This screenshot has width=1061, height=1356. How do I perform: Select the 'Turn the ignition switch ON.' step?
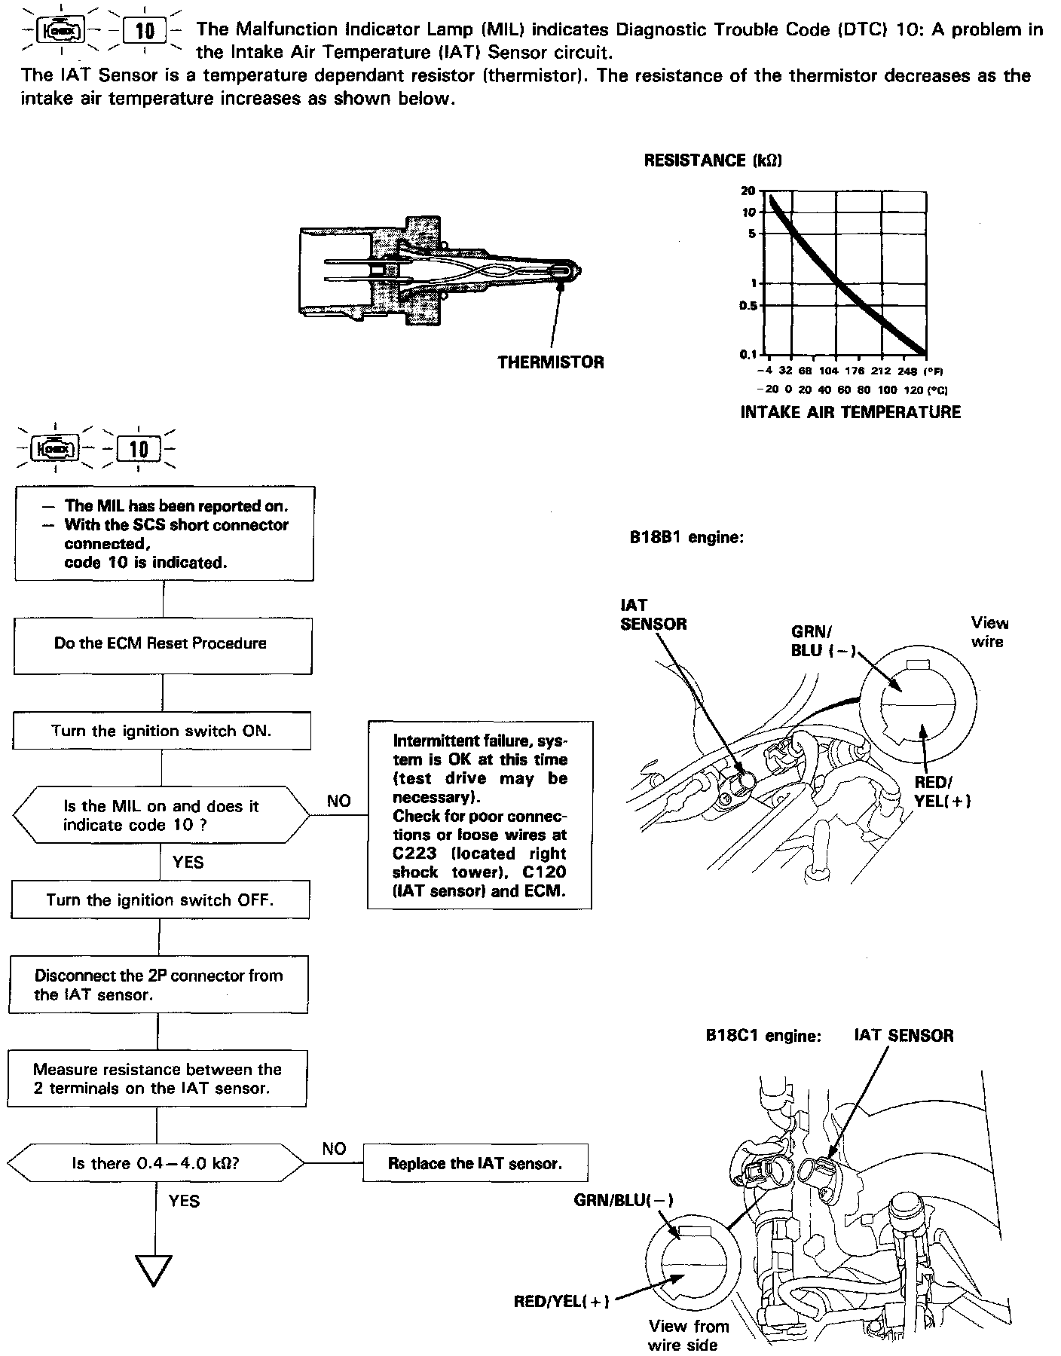coord(161,731)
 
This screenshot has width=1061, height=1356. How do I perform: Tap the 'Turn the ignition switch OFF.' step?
coord(160,901)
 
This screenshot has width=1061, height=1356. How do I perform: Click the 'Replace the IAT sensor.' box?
coord(475,1164)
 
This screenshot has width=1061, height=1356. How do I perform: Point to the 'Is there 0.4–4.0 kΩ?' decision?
coord(156,1164)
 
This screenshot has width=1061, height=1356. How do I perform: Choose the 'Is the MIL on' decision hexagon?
coord(161,816)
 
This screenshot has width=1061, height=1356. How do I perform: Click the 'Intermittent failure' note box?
coord(479,816)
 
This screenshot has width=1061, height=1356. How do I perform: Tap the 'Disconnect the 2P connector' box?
coord(158,985)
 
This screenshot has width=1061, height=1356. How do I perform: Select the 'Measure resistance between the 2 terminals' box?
coord(157,1080)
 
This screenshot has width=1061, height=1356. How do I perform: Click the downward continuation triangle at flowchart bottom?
coord(154,1270)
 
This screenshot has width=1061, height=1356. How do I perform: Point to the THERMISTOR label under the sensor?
coord(551,363)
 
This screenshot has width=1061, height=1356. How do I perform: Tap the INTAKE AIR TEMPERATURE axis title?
coord(851,412)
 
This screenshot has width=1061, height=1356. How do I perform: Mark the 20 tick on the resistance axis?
coord(748,191)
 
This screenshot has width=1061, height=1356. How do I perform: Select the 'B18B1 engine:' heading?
coord(686,539)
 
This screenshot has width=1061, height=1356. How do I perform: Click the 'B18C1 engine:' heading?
coord(763,1036)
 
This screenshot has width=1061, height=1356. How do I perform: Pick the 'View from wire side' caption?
coord(689,1335)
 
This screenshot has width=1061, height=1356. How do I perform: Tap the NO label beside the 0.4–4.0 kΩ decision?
coord(334,1149)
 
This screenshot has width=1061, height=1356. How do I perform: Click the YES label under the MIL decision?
coord(188,863)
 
